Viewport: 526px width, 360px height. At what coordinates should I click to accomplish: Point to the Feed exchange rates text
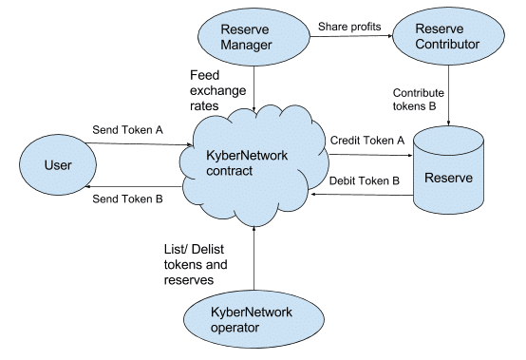(x=215, y=91)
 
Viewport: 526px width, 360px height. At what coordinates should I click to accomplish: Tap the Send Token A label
(x=127, y=128)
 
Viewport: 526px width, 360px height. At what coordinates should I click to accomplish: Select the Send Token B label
(x=127, y=199)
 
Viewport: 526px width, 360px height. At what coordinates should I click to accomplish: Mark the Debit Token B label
(x=366, y=180)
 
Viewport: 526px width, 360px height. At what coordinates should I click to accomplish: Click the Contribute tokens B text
(x=419, y=99)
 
